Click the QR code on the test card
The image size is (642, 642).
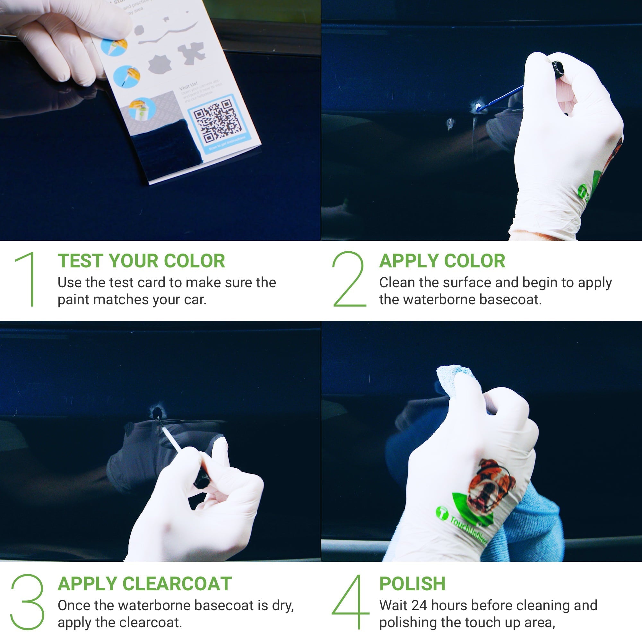click(x=218, y=121)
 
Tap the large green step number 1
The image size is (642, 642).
click(x=28, y=279)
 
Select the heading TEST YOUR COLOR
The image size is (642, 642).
click(x=141, y=261)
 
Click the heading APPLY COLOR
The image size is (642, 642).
click(x=442, y=261)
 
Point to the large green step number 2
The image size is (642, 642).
click(x=349, y=279)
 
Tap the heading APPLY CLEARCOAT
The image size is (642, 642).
click(x=144, y=584)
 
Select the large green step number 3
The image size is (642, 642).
click(x=28, y=602)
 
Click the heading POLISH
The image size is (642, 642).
click(x=412, y=584)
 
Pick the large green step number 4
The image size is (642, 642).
click(x=351, y=602)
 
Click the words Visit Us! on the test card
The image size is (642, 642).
click(x=188, y=86)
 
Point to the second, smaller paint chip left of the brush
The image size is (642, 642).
click(x=450, y=124)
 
